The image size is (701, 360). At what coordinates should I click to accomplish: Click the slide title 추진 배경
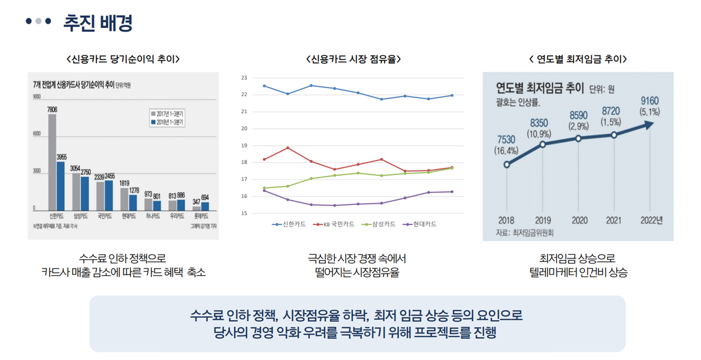pyautogui.click(x=98, y=23)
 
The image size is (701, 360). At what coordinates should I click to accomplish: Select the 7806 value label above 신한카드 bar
pyautogui.click(x=52, y=109)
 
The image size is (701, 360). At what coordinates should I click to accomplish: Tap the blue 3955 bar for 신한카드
pyautogui.click(x=61, y=186)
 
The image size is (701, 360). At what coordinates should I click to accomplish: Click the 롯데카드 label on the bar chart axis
pyautogui.click(x=201, y=217)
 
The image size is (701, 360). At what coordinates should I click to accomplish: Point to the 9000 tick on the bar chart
pyautogui.click(x=37, y=96)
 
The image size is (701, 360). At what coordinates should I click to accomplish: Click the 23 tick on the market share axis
pyautogui.click(x=244, y=78)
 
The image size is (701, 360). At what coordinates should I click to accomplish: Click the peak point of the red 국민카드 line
pyautogui.click(x=288, y=148)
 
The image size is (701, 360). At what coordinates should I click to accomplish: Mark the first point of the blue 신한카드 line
pyautogui.click(x=264, y=85)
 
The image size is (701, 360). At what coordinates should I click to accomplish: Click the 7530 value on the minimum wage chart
pyautogui.click(x=506, y=140)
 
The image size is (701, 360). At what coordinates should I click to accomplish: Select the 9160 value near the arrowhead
pyautogui.click(x=649, y=101)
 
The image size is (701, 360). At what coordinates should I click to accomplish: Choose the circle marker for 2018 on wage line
pyautogui.click(x=507, y=165)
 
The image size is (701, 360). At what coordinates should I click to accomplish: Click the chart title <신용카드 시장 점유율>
pyautogui.click(x=353, y=59)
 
